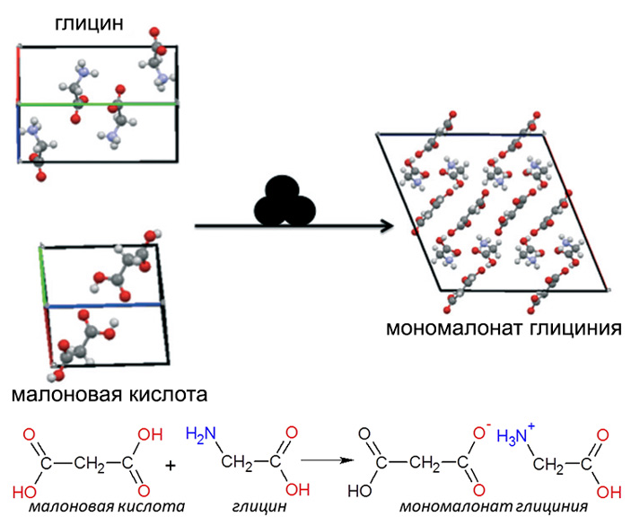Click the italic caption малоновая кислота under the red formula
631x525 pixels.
click(x=106, y=506)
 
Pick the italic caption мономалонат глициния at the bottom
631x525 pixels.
click(x=475, y=506)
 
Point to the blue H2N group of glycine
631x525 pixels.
click(x=201, y=434)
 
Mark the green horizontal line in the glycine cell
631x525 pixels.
click(x=99, y=104)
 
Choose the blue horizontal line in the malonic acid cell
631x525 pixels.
click(x=102, y=305)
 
